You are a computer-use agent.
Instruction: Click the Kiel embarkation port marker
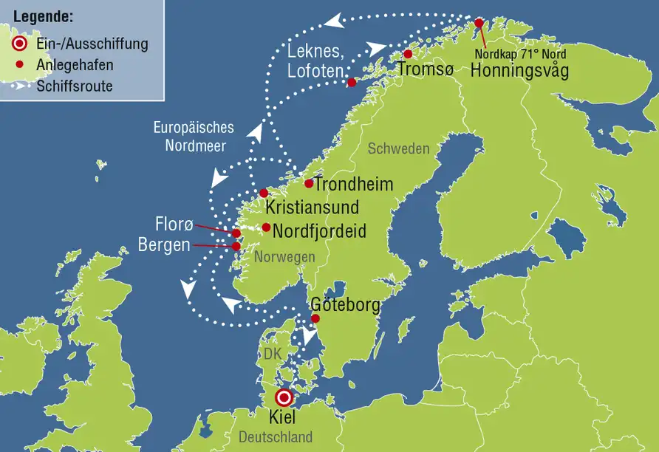[285, 398]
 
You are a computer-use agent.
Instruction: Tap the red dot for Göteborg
[315, 318]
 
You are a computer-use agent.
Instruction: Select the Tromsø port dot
[407, 54]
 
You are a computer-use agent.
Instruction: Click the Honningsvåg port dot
[478, 23]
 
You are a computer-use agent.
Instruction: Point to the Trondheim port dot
[309, 183]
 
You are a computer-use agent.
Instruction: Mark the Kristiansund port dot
[264, 193]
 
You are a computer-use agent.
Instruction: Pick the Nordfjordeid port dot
[266, 227]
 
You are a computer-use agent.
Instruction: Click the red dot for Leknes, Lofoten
[352, 82]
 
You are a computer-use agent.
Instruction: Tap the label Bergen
[164, 245]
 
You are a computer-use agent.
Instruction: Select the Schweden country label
[398, 148]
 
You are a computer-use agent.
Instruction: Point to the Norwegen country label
[284, 256]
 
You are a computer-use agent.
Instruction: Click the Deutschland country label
[276, 436]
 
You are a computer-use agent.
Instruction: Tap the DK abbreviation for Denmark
[273, 355]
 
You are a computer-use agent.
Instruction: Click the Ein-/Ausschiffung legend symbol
[21, 44]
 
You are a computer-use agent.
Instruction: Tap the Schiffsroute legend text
[75, 86]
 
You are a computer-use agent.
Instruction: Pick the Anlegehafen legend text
[75, 65]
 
